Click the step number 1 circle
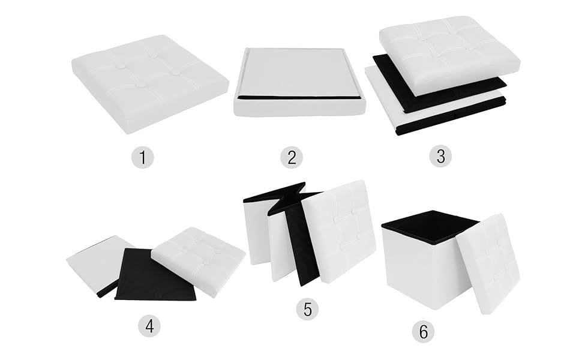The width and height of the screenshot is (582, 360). coord(143,157)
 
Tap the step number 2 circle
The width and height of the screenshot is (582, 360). coord(292,157)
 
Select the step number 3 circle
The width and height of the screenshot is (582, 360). coord(440,156)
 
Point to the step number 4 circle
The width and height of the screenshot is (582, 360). coord(149,326)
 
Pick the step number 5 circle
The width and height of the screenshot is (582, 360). coord(308,309)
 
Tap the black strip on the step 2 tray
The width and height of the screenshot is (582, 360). coord(299,97)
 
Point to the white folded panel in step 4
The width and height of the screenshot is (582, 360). coord(96,261)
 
